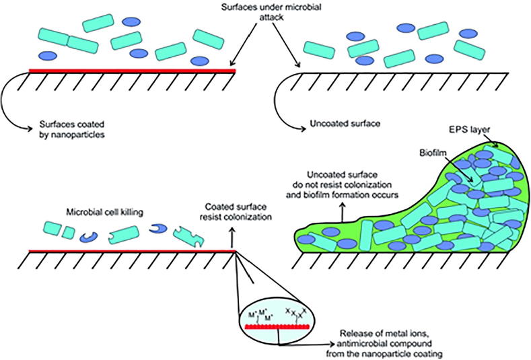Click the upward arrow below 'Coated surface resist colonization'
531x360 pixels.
pos(234,237)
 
